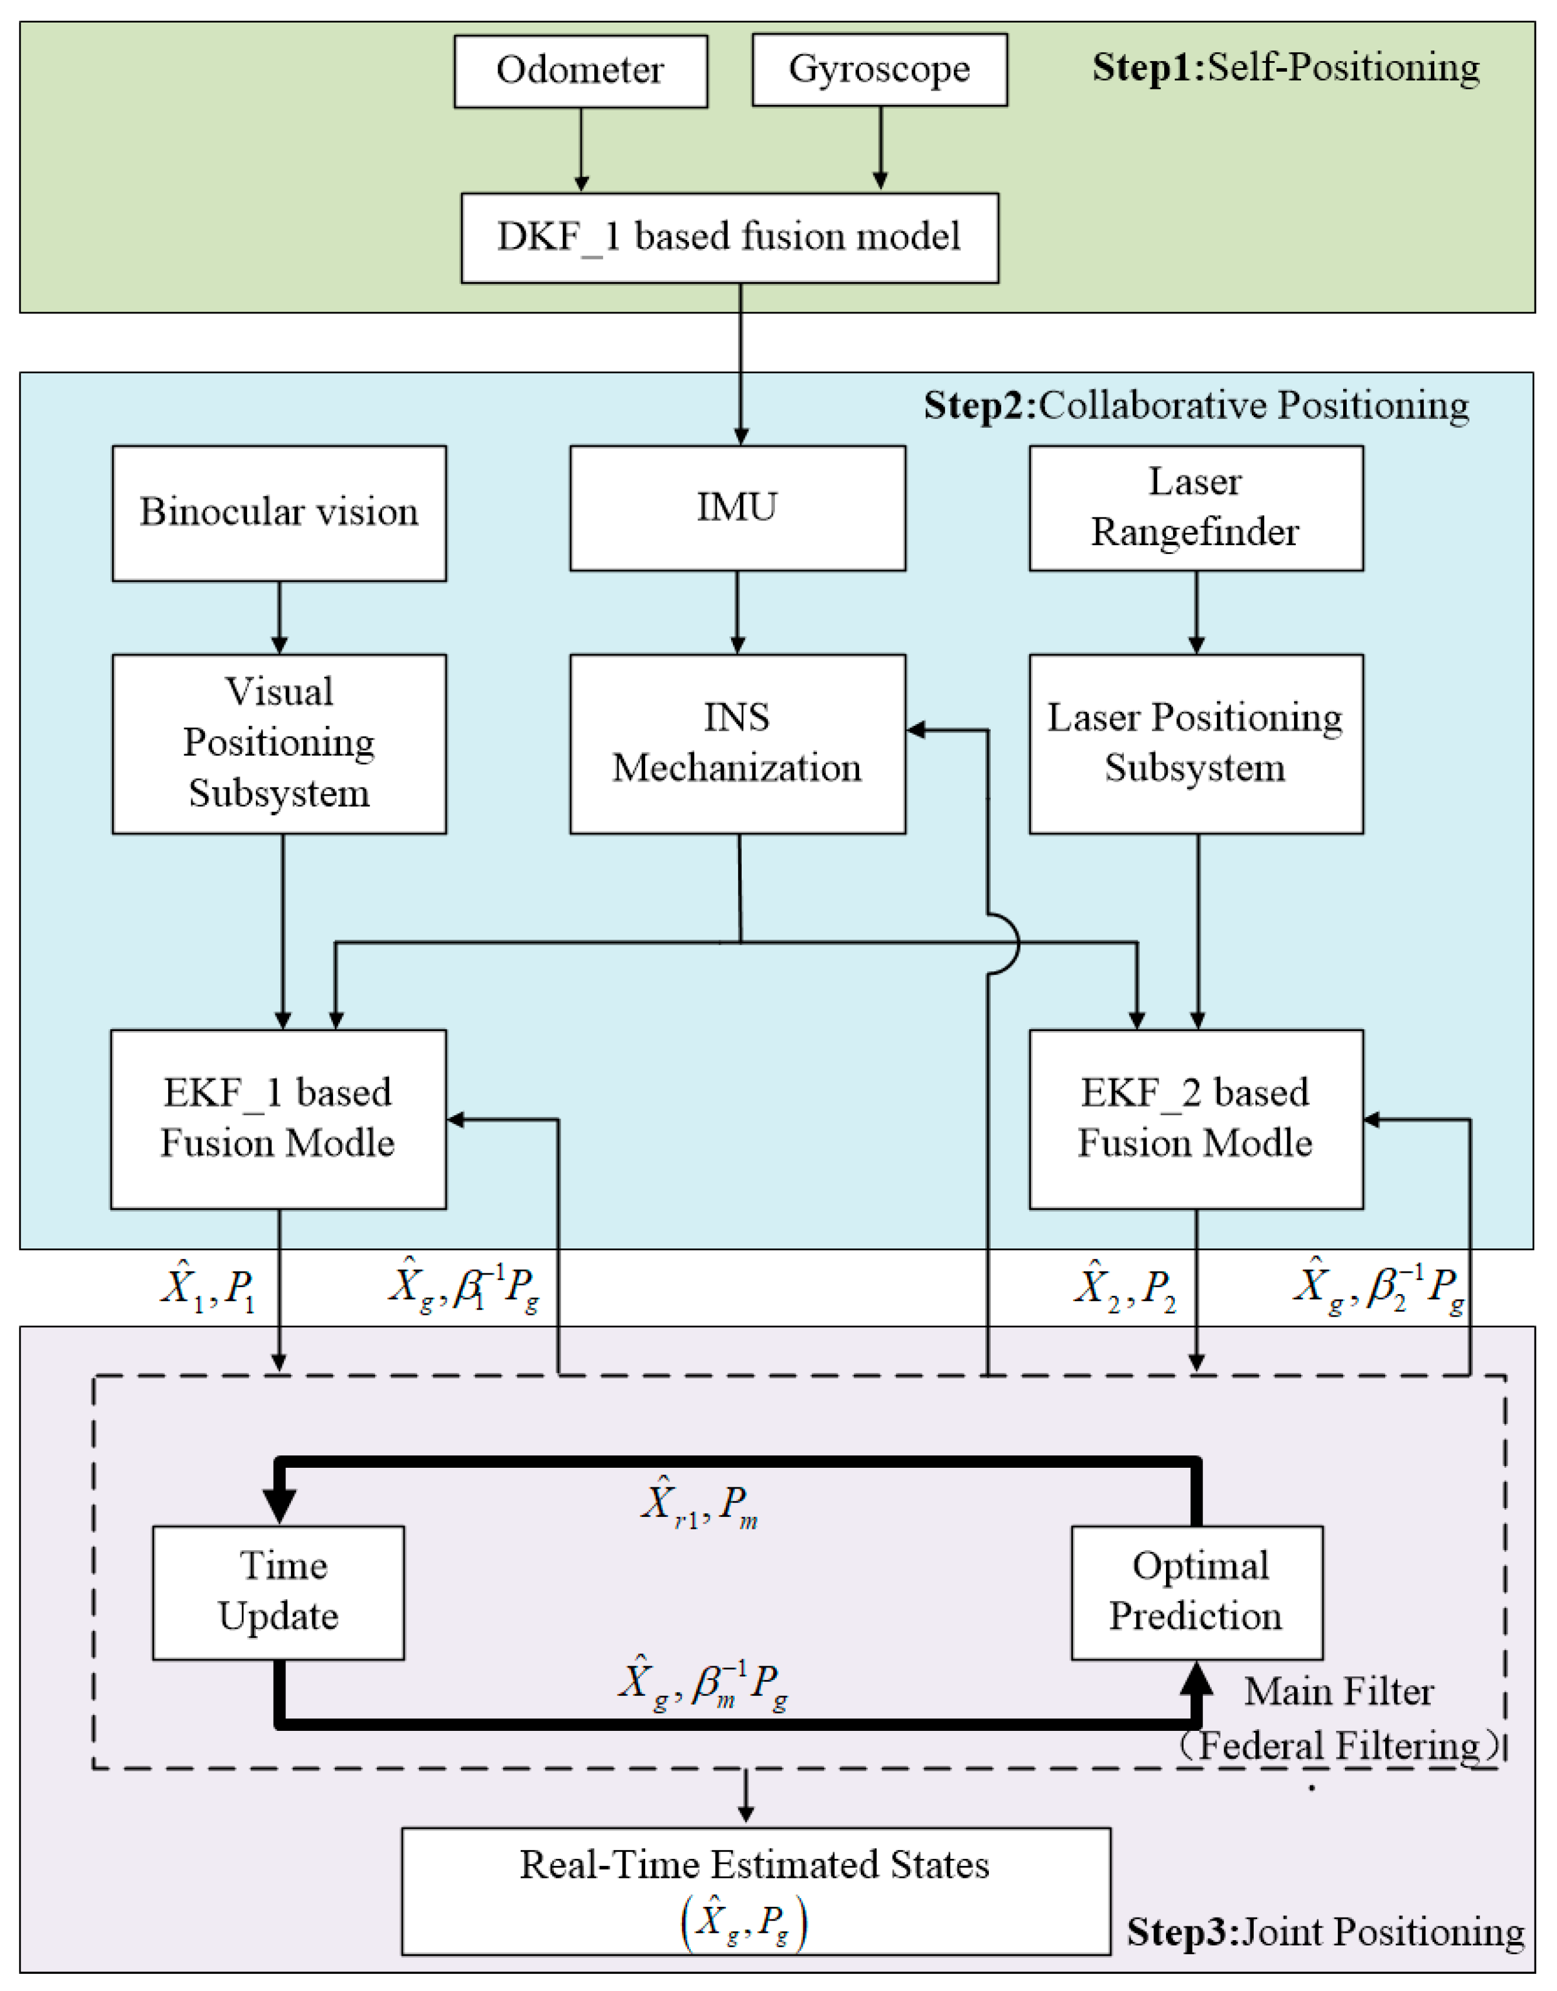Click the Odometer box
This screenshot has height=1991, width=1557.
[x=581, y=71]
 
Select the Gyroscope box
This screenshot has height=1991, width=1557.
[x=880, y=70]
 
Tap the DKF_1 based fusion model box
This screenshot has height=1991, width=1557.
[x=729, y=237]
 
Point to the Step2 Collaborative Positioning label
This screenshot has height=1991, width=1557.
[x=1196, y=405]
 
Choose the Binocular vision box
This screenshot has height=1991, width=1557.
[x=279, y=513]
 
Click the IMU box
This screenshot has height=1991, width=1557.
[x=738, y=508]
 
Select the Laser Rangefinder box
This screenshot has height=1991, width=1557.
[x=1196, y=508]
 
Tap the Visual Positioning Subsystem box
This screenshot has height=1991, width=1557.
[x=279, y=743]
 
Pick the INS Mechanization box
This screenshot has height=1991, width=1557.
[x=738, y=743]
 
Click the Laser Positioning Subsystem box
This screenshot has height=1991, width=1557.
[x=1196, y=743]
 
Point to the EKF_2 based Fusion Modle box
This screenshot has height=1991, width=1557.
[x=1196, y=1119]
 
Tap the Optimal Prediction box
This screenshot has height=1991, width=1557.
[x=1197, y=1592]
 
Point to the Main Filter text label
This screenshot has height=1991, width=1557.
[x=1338, y=1692]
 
